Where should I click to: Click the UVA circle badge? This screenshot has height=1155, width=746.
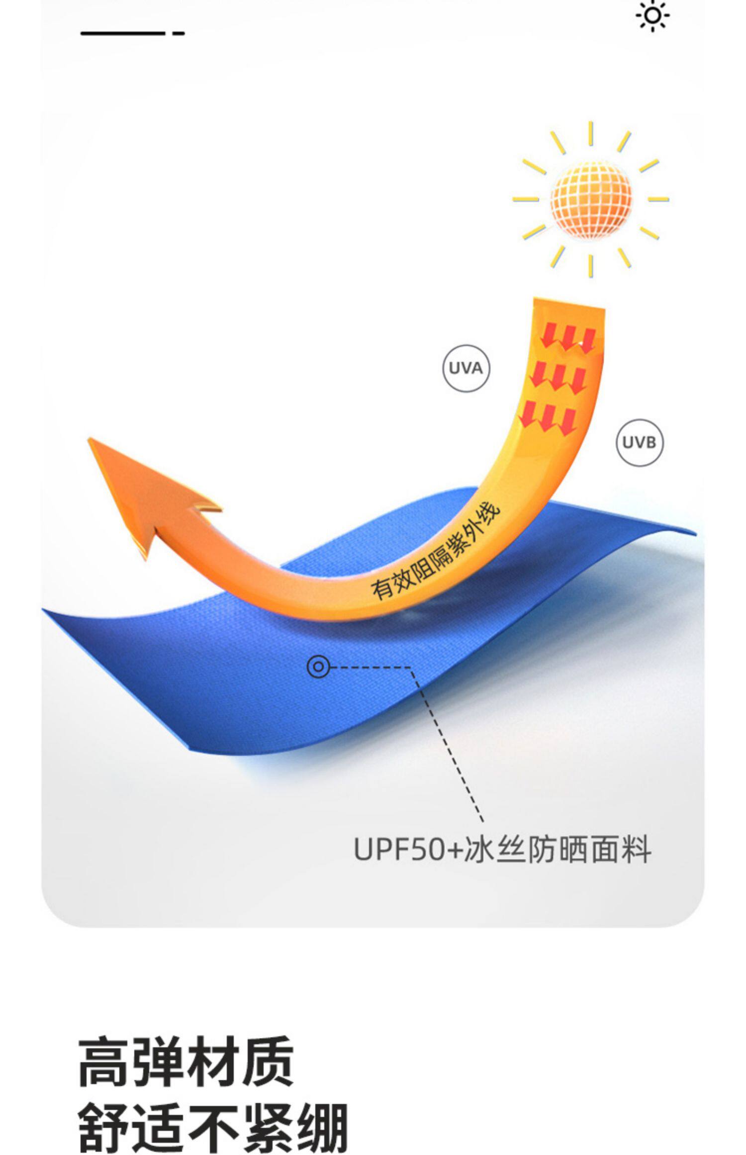[x=466, y=368]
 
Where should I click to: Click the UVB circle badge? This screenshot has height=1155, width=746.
[x=639, y=442]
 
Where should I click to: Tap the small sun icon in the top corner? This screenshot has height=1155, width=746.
[x=652, y=16]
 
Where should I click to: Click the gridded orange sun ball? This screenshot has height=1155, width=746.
[x=591, y=199]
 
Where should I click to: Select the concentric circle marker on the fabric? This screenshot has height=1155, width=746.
[x=318, y=667]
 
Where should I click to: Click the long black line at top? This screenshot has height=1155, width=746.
[x=122, y=33]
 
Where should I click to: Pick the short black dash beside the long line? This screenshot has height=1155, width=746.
[x=179, y=33]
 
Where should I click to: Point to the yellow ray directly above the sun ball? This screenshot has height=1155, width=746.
[x=590, y=133]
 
